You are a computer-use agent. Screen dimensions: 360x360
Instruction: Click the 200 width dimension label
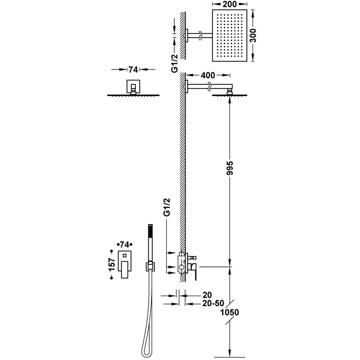tap(229, 4)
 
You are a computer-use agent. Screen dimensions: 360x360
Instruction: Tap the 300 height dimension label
tap(253, 35)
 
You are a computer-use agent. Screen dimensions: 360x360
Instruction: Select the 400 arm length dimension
tap(208, 75)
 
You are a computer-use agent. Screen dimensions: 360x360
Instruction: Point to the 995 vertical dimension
tap(229, 168)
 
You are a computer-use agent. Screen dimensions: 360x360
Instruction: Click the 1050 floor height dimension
tap(229, 312)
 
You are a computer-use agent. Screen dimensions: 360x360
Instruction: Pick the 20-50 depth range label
tap(213, 303)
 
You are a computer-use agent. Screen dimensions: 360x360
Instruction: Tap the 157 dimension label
tap(112, 264)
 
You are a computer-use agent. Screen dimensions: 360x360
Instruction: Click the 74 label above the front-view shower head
tap(133, 69)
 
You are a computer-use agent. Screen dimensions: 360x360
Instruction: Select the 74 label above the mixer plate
tap(124, 244)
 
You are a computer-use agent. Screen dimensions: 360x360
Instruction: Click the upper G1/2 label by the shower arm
tap(174, 63)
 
